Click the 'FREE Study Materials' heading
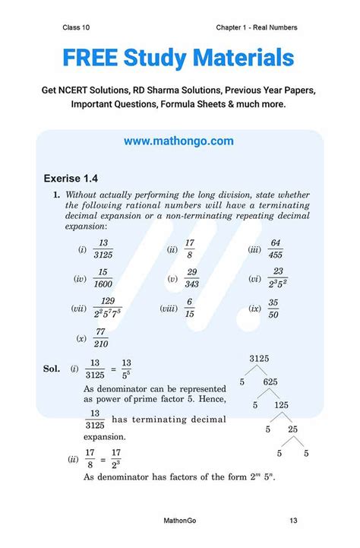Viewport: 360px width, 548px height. pyautogui.click(x=178, y=58)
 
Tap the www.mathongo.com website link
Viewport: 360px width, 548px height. pyautogui.click(x=178, y=141)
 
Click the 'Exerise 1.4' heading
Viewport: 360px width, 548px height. pyautogui.click(x=71, y=179)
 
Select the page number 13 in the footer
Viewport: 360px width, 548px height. pyautogui.click(x=292, y=521)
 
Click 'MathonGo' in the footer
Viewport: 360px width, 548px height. pyautogui.click(x=182, y=521)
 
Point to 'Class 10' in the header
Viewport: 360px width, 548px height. pyautogui.click(x=76, y=27)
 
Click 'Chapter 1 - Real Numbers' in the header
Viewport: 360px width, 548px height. pyautogui.click(x=256, y=27)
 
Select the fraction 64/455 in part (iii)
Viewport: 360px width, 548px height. pyautogui.click(x=276, y=249)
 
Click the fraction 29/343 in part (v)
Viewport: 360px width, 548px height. pyautogui.click(x=192, y=279)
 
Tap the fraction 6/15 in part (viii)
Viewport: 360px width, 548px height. pyautogui.click(x=189, y=309)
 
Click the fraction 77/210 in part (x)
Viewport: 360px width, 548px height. pyautogui.click(x=101, y=338)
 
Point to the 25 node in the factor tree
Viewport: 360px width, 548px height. pyautogui.click(x=292, y=430)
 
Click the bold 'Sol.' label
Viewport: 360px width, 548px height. pyautogui.click(x=52, y=369)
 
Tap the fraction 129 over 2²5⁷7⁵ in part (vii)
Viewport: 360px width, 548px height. pyautogui.click(x=107, y=309)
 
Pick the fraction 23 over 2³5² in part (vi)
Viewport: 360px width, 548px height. pyautogui.click(x=278, y=279)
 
